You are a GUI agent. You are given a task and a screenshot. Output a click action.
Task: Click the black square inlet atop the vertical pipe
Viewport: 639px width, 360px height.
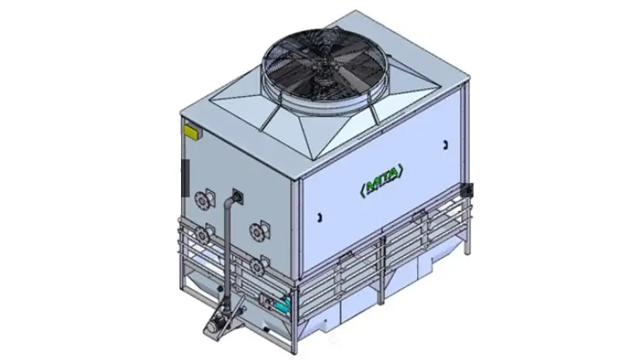(237, 193)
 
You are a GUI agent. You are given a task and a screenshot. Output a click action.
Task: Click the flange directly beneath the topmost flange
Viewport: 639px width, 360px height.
(203, 232)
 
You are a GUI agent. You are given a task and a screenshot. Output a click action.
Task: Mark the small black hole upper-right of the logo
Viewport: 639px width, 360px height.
(446, 145)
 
